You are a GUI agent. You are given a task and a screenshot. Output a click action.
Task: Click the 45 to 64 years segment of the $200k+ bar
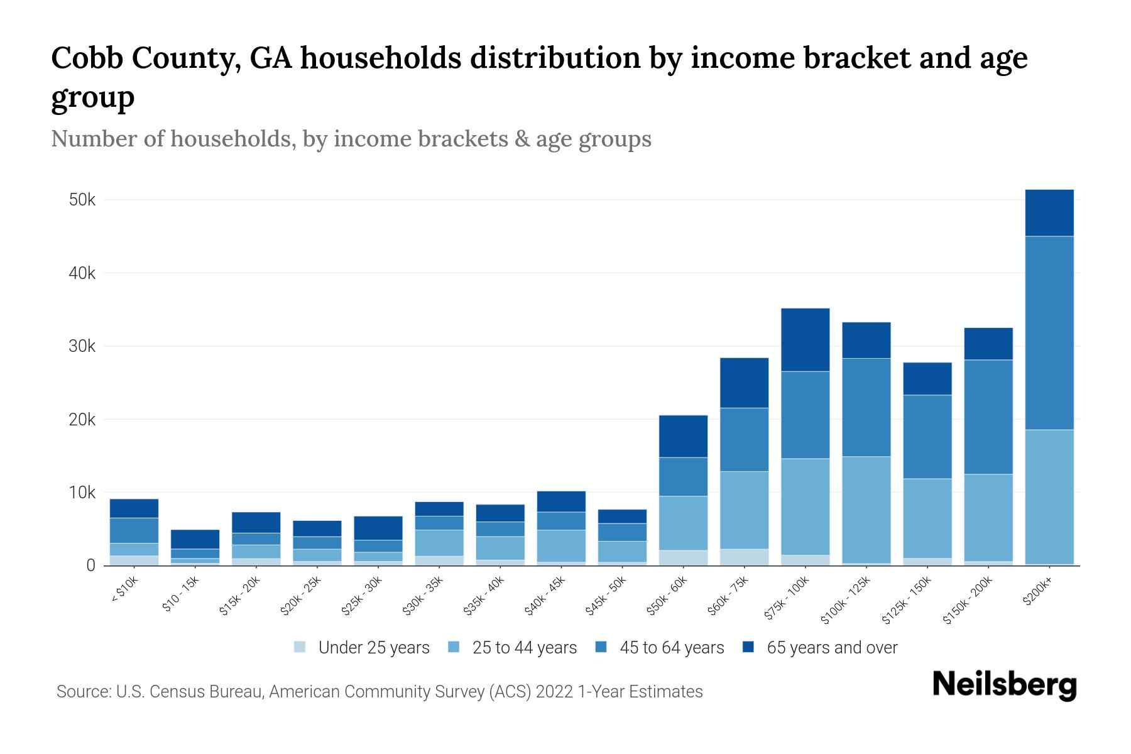point(1049,333)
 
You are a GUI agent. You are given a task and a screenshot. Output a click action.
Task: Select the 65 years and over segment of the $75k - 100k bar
point(805,340)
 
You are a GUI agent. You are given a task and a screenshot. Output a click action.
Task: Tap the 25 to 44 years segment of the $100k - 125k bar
point(866,510)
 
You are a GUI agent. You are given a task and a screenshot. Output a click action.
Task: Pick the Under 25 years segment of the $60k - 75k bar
point(744,557)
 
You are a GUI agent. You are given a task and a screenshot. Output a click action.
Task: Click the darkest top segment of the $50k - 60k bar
point(683,436)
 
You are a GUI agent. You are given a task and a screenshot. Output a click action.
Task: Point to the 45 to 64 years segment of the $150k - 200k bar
point(988,417)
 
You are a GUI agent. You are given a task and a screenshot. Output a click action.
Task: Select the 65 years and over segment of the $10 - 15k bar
point(195,539)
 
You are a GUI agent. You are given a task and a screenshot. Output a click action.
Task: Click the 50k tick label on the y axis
point(82,200)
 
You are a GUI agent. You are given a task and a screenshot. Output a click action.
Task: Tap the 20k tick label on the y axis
point(82,420)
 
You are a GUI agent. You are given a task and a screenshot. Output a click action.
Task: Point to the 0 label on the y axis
point(91,565)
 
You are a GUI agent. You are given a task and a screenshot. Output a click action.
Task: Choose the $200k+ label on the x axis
point(1037,592)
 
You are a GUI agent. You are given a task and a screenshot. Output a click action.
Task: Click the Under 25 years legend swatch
point(300,647)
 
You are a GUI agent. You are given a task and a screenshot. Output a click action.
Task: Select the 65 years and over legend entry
point(831,647)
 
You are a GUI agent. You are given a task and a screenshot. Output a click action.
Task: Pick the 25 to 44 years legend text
point(524,647)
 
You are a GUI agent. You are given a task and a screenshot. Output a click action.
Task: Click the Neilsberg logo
point(1004,686)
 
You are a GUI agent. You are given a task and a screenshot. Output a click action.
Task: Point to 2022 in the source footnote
point(554,692)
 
